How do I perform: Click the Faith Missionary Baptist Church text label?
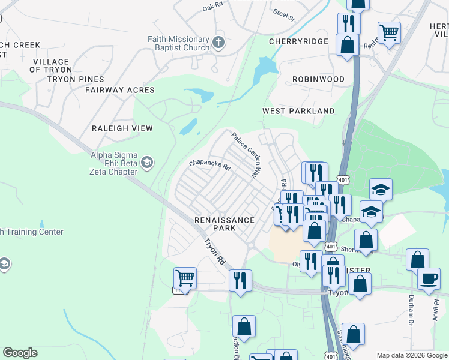click(178, 44)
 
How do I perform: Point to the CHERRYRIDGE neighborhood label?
click(298, 41)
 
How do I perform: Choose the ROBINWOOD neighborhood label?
click(318, 79)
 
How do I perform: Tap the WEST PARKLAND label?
click(298, 111)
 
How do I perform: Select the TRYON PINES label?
click(75, 79)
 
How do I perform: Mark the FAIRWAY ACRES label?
click(119, 90)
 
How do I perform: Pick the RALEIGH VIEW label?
click(122, 128)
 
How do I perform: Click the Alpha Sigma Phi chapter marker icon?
click(147, 163)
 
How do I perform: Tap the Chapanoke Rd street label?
click(210, 164)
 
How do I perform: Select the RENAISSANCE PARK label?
click(224, 224)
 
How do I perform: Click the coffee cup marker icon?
click(429, 278)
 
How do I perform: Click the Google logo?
click(20, 353)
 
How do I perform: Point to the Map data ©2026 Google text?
click(411, 355)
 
